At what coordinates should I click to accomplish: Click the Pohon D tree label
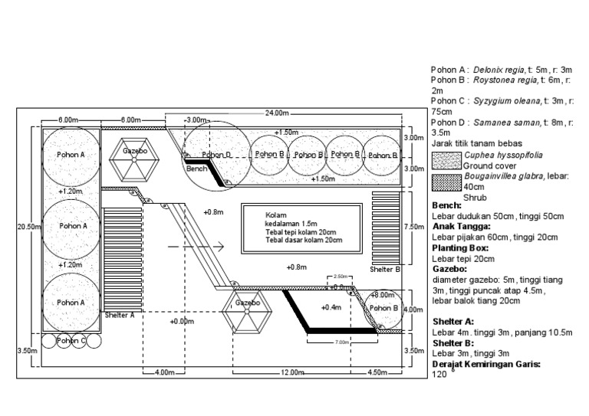pos(217,154)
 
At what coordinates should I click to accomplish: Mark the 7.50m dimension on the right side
pos(413,227)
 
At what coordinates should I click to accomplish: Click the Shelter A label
pos(120,314)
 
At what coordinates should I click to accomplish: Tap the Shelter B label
pos(385,270)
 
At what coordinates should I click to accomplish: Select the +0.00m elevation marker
pos(182,322)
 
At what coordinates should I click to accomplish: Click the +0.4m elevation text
pos(331,307)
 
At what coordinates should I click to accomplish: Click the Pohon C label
pos(71,340)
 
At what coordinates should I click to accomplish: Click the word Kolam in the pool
pos(275,215)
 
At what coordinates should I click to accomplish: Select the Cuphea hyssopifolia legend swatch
pos(446,160)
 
